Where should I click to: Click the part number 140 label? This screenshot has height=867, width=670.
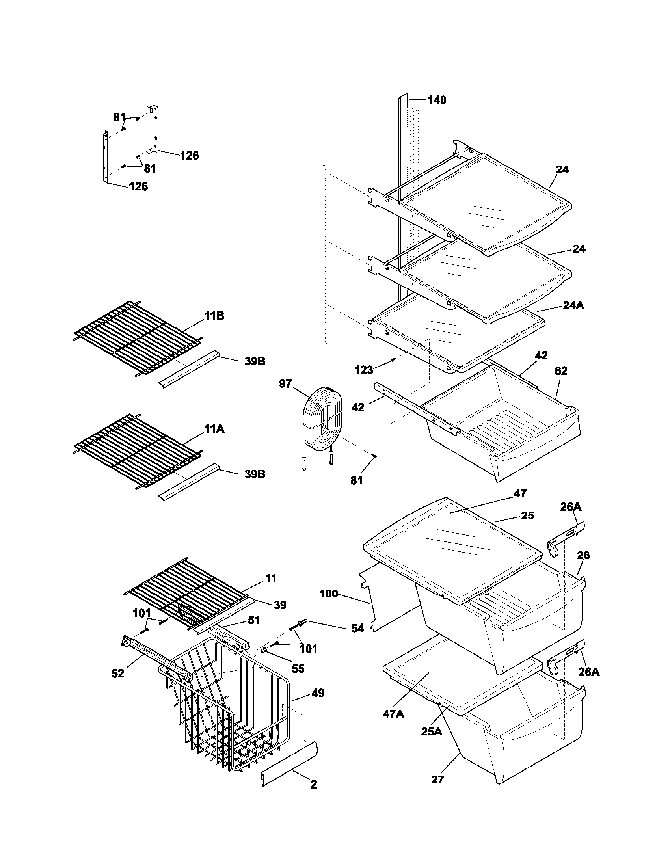pos(437,100)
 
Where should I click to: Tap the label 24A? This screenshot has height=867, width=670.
pos(573,305)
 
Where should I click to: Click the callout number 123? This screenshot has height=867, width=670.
pos(364,370)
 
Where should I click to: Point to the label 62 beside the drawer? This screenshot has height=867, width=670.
pos(560,371)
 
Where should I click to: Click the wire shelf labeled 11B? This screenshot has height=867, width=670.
pos(137,337)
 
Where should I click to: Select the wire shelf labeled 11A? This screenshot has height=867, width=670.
pos(137,450)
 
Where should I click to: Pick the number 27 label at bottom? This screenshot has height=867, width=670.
pos(437,779)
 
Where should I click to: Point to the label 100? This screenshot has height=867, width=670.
pos(329,594)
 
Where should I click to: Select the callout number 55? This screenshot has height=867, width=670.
pos(298,669)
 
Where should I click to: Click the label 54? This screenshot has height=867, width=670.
pos(357,628)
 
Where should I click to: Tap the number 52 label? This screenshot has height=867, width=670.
pos(118,674)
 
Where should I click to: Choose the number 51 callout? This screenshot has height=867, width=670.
pos(254,620)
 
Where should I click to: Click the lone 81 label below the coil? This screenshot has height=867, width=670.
pos(356,480)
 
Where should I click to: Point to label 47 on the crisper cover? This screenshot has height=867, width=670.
pos(520,493)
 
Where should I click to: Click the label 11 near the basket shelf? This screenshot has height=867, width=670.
pos(270,578)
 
